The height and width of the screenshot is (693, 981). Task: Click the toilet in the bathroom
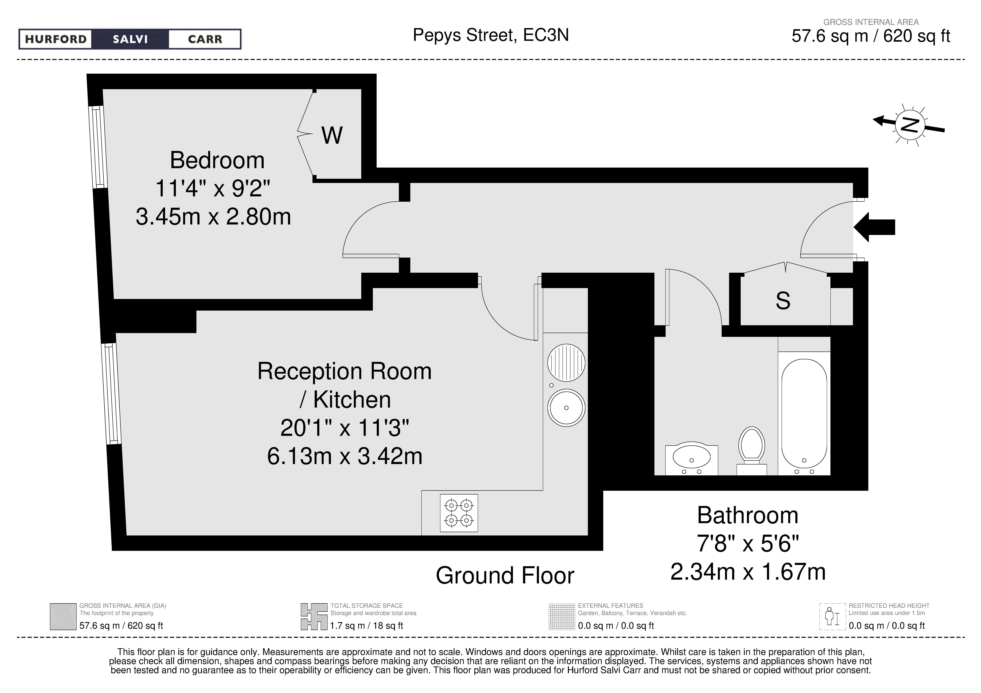[752, 451]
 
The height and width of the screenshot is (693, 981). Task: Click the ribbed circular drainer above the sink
[566, 363]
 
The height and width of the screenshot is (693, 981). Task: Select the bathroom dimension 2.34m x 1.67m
[748, 572]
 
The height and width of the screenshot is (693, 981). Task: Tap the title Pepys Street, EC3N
[490, 35]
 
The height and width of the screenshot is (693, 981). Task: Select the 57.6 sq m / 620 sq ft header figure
[871, 36]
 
